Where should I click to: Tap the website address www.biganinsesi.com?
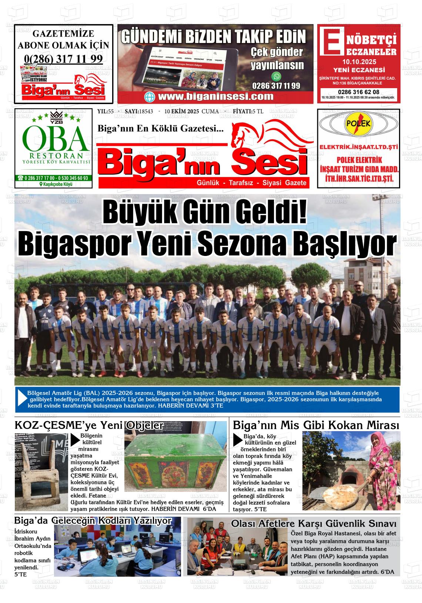(x=215, y=97)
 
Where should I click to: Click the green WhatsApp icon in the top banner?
(x=276, y=77)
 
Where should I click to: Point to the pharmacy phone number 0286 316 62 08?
(x=358, y=92)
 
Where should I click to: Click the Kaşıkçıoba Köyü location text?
(x=56, y=184)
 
